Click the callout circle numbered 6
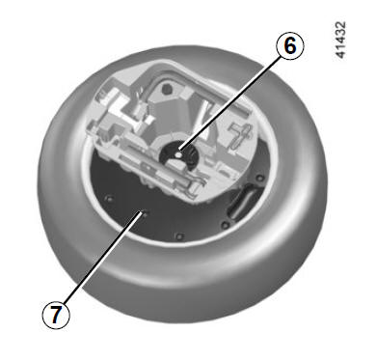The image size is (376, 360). pyautogui.click(x=290, y=46)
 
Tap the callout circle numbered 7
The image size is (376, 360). pyautogui.click(x=56, y=315)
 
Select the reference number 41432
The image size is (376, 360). pyautogui.click(x=340, y=40)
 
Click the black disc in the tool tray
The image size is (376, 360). pyautogui.click(x=179, y=155)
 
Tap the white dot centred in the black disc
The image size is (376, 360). pyautogui.click(x=177, y=155)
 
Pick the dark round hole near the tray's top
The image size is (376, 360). pyautogui.click(x=167, y=89)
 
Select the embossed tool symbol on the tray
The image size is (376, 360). pyautogui.click(x=240, y=135)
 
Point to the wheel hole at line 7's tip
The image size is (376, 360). pyautogui.click(x=144, y=213)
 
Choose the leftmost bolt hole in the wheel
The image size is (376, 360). pyautogui.click(x=110, y=199)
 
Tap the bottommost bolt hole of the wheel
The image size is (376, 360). pyautogui.click(x=179, y=237)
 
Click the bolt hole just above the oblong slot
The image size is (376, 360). pyautogui.click(x=260, y=178)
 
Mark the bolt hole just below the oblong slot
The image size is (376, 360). pyautogui.click(x=226, y=224)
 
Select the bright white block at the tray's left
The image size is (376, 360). pyautogui.click(x=120, y=110)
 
